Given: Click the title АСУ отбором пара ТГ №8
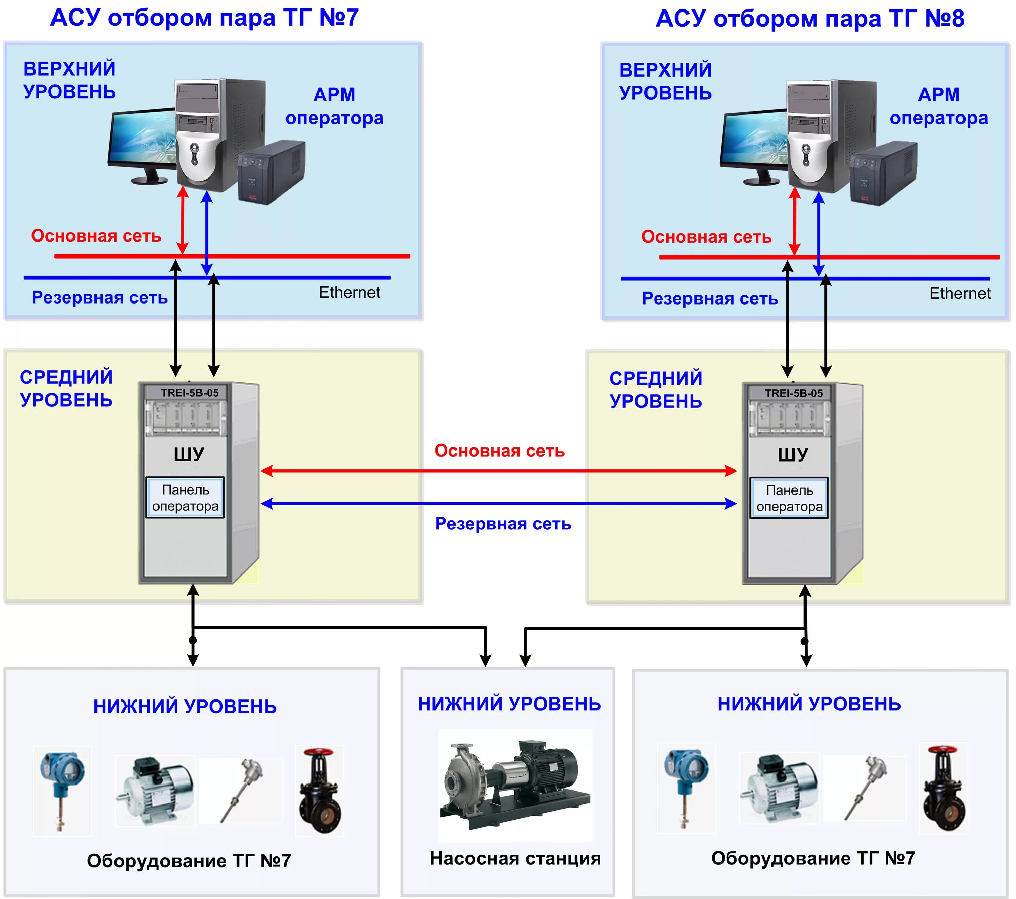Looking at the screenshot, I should [810, 19].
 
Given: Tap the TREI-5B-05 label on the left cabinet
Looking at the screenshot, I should [189, 393].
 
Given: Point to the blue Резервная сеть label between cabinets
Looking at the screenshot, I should [503, 524].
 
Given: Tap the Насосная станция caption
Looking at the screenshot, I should [515, 859].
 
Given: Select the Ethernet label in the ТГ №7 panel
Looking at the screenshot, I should [350, 292].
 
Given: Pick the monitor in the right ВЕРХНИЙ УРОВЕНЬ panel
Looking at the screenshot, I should [754, 144].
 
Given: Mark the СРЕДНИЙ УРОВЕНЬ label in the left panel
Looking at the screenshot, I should [66, 388].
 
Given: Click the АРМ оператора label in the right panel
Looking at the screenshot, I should [938, 106].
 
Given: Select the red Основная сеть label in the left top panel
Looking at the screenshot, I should [96, 236].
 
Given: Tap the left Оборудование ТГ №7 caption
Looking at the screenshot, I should [189, 861].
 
